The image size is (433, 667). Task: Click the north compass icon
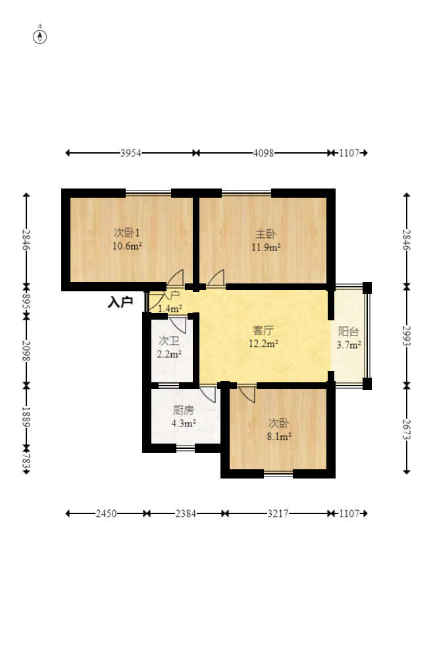pyautogui.click(x=40, y=37)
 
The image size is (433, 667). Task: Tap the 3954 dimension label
pyautogui.click(x=130, y=153)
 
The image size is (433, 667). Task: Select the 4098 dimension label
pyautogui.click(x=263, y=153)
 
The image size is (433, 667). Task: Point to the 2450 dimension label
pyautogui.click(x=106, y=514)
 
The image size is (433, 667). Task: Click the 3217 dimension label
pyautogui.click(x=278, y=514)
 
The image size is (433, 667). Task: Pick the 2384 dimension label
pyautogui.click(x=186, y=514)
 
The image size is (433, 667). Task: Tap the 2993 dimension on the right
pyautogui.click(x=407, y=336)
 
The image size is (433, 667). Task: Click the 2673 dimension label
pyautogui.click(x=407, y=430)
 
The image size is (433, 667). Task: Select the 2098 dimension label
pyautogui.click(x=26, y=351)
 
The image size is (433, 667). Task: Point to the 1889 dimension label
pyautogui.click(x=26, y=417)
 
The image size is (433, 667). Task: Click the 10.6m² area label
pyautogui.click(x=127, y=246)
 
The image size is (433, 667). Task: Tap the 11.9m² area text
pyautogui.click(x=266, y=247)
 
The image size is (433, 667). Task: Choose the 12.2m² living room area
pyautogui.click(x=263, y=343)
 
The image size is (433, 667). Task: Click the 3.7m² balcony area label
pyautogui.click(x=349, y=345)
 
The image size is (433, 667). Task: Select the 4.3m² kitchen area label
pyautogui.click(x=184, y=423)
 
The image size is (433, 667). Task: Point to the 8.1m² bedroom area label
pyautogui.click(x=279, y=436)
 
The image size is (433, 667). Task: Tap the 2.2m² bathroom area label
pyautogui.click(x=169, y=354)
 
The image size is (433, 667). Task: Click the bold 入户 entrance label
pyautogui.click(x=120, y=302)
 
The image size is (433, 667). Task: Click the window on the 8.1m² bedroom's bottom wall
pyautogui.click(x=278, y=473)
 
